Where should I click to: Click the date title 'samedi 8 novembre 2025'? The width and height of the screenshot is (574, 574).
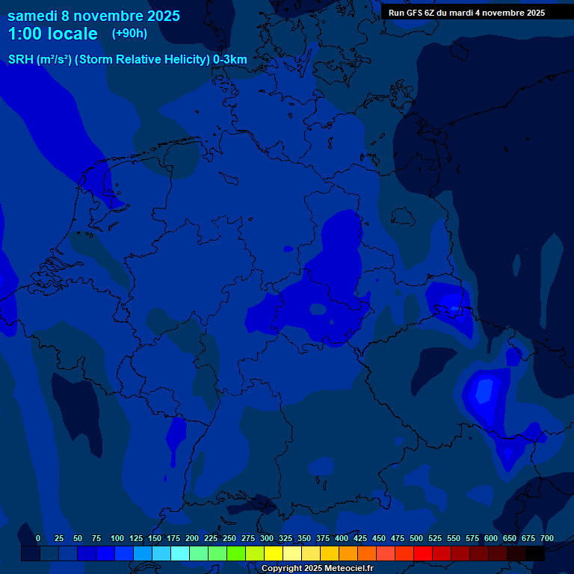coord(93,16)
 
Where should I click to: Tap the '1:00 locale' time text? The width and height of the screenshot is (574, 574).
coord(52,34)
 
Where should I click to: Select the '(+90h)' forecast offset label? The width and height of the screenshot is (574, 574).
coord(129,34)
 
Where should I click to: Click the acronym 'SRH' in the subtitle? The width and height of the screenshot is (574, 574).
coord(20,60)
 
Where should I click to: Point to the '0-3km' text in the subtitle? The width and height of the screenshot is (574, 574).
coord(229,60)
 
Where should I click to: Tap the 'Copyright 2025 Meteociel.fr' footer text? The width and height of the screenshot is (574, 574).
coord(317,569)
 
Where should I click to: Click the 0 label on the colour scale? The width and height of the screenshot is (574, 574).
coord(38,538)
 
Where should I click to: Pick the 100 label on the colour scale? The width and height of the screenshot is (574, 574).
coord(117,538)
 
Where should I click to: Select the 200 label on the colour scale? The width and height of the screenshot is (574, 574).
coord(192,538)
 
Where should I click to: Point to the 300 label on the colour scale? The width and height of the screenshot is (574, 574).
coord(267,538)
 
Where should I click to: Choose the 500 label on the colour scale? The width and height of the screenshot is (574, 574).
coord(416,538)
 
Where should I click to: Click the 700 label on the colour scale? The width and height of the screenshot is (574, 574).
coord(547,538)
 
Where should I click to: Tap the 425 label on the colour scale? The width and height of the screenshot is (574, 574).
coord(360,538)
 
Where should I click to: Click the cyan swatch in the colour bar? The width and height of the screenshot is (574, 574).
coord(180,553)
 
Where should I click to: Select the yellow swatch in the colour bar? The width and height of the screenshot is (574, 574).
coord(274,553)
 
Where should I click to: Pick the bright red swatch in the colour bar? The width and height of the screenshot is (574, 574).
coord(423,553)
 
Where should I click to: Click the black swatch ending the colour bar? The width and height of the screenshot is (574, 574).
coord(535,553)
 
